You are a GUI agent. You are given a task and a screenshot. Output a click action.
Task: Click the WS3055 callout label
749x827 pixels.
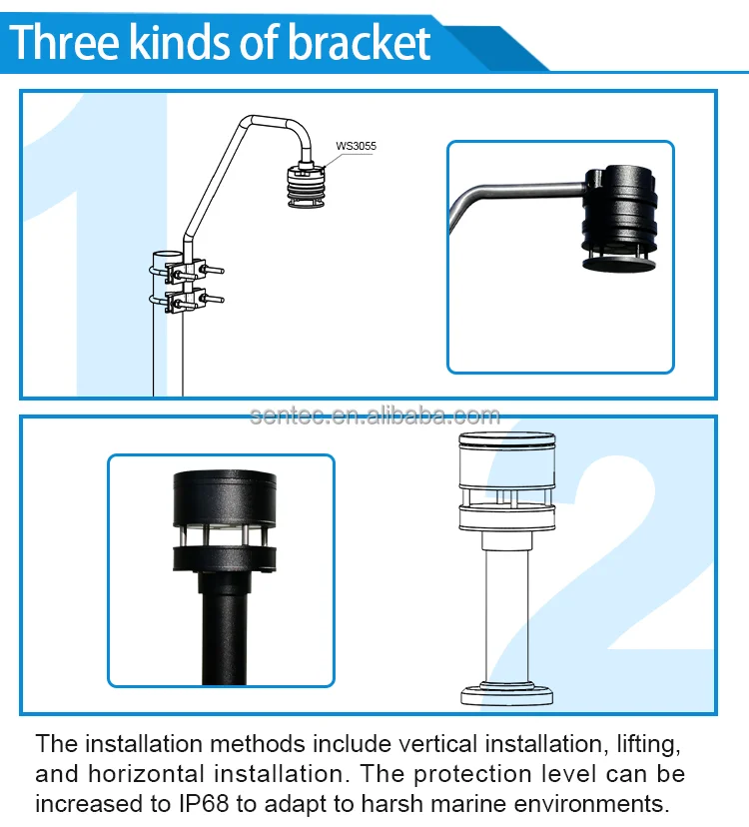357,146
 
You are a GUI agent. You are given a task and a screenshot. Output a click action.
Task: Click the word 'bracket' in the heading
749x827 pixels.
360,42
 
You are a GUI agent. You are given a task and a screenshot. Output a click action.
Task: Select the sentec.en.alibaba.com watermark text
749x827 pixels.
374,416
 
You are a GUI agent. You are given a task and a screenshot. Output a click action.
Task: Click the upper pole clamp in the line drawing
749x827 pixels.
188,271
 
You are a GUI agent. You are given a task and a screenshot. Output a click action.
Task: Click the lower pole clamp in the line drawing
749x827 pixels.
188,301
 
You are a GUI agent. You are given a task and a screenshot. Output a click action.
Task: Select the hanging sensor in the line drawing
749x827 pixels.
307,186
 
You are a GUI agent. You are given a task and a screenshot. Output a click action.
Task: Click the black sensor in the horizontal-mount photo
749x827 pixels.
620,219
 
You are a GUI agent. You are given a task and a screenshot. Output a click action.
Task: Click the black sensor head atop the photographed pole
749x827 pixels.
225,521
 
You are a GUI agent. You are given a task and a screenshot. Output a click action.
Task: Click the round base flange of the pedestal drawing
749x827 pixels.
507,694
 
